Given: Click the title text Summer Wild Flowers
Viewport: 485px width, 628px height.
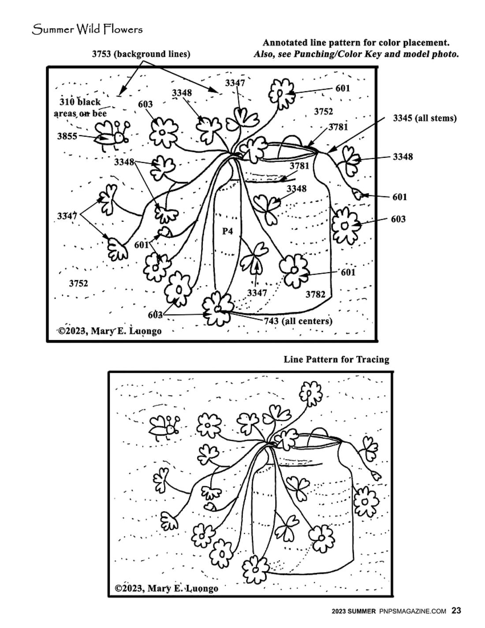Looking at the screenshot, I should (x=87, y=30).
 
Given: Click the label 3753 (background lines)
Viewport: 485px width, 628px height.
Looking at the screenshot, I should (x=141, y=54).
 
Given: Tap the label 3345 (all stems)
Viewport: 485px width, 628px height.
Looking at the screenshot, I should (x=425, y=118).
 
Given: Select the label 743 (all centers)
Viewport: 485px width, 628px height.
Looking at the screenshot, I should (x=298, y=321).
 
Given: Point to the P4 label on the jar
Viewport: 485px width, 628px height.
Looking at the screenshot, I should (x=227, y=231).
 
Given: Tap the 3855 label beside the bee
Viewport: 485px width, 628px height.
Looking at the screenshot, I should (x=67, y=136).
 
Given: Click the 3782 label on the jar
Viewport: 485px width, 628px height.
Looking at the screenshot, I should (x=315, y=294).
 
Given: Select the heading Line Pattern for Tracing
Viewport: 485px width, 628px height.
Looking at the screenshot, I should (x=336, y=359).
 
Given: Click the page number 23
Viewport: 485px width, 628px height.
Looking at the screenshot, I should (x=456, y=611).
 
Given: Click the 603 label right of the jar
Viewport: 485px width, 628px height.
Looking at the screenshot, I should (x=398, y=219).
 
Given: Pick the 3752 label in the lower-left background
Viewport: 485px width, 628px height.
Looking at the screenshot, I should (x=78, y=283).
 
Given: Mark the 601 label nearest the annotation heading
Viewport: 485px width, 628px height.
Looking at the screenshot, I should (x=343, y=88).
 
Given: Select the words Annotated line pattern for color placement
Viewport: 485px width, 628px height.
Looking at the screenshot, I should (x=356, y=43).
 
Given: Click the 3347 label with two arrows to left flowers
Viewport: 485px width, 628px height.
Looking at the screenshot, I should (x=67, y=216).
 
